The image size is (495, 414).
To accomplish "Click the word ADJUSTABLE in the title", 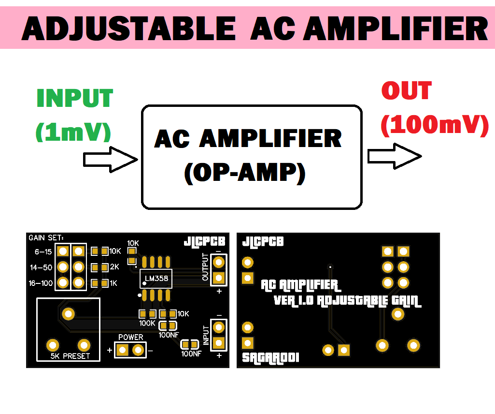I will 128,29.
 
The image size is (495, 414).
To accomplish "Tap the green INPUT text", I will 75,99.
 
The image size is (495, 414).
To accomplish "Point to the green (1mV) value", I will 73,131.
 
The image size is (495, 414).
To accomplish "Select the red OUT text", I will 407,91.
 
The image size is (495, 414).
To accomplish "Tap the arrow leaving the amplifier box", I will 394,156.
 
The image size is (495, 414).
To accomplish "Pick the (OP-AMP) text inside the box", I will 245,173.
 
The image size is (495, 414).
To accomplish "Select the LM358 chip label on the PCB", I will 155,280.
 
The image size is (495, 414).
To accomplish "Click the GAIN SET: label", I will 46,238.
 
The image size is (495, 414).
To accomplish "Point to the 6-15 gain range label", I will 43,252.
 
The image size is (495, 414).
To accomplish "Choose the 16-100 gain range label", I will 41,283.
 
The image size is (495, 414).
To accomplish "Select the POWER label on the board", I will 130,337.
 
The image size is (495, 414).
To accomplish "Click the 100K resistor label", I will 147,323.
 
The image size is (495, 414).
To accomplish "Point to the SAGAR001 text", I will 270,358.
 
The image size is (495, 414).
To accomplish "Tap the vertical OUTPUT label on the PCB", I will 205,267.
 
